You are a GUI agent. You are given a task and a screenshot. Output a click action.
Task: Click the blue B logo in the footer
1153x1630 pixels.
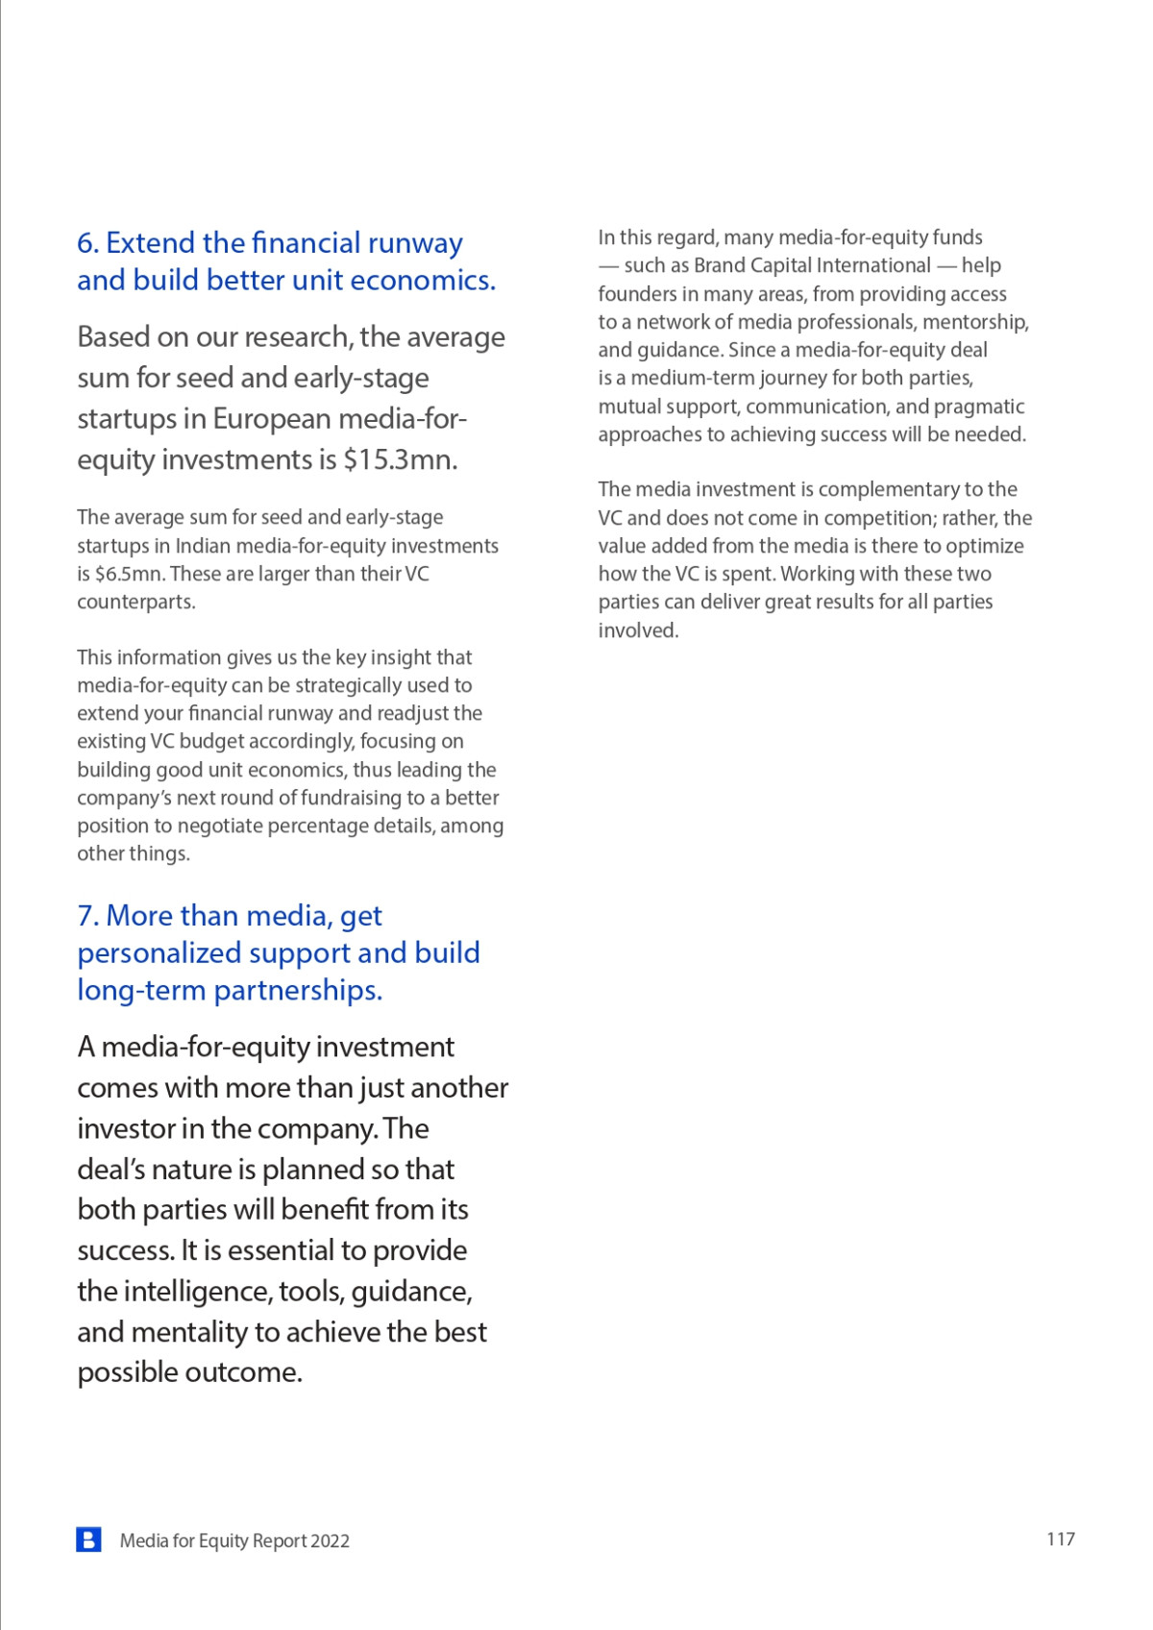(x=88, y=1540)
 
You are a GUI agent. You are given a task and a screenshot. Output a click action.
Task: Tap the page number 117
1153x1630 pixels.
(x=1060, y=1539)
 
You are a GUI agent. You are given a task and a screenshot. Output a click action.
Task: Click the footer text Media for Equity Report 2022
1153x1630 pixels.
(x=234, y=1541)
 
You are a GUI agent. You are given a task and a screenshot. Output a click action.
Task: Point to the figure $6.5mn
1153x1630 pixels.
(x=127, y=574)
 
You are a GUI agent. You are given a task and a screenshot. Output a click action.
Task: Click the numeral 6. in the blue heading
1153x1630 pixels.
(x=87, y=243)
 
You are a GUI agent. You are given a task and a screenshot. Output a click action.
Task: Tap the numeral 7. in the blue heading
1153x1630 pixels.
(x=87, y=916)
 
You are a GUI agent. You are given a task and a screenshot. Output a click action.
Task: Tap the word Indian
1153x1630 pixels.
(x=203, y=546)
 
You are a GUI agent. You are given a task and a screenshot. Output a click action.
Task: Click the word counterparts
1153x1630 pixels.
(x=135, y=603)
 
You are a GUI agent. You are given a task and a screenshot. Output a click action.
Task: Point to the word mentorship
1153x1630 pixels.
(x=975, y=322)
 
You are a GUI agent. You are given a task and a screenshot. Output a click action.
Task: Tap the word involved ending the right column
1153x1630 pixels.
(x=637, y=630)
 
